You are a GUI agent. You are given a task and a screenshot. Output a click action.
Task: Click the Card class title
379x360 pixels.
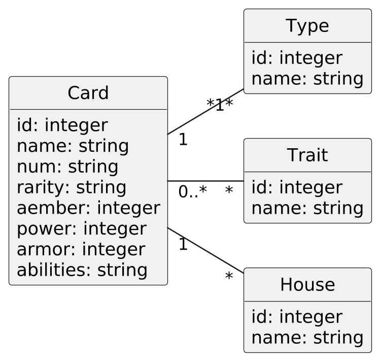[88, 93]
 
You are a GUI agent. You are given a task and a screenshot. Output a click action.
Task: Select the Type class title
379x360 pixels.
[307, 26]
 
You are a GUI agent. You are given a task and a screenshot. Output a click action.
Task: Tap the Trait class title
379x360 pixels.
[307, 155]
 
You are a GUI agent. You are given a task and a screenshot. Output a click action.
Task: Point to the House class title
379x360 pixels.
[307, 285]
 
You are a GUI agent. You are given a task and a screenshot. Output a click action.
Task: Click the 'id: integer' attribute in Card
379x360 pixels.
[62, 125]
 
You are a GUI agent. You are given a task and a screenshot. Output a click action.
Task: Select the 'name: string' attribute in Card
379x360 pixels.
[73, 146]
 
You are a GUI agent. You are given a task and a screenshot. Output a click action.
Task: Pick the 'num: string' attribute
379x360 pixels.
[67, 167]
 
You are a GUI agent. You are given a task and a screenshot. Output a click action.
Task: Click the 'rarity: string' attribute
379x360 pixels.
[72, 187]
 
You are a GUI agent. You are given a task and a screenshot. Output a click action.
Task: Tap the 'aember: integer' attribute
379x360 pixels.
[88, 208]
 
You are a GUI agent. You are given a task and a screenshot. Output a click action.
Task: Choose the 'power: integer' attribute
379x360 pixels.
[82, 229]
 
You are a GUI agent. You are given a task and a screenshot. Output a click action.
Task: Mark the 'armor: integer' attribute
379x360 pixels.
[81, 250]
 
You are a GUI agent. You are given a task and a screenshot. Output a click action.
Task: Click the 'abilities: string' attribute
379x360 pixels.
[82, 270]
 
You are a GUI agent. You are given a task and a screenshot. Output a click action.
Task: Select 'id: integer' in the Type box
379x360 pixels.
[297, 58]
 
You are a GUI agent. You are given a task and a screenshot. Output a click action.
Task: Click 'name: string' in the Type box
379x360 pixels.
[307, 79]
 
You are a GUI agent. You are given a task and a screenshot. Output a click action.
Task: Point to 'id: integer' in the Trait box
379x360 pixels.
[297, 187]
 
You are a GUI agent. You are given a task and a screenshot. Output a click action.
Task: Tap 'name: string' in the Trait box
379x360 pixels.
[307, 208]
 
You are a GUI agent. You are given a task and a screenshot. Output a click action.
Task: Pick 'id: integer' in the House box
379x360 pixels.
[297, 317]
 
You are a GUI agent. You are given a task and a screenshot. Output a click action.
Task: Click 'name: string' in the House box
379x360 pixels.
[307, 338]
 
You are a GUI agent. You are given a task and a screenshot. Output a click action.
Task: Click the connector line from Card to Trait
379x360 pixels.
[205, 181]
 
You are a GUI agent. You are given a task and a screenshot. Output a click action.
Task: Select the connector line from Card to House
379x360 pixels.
[205, 251]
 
